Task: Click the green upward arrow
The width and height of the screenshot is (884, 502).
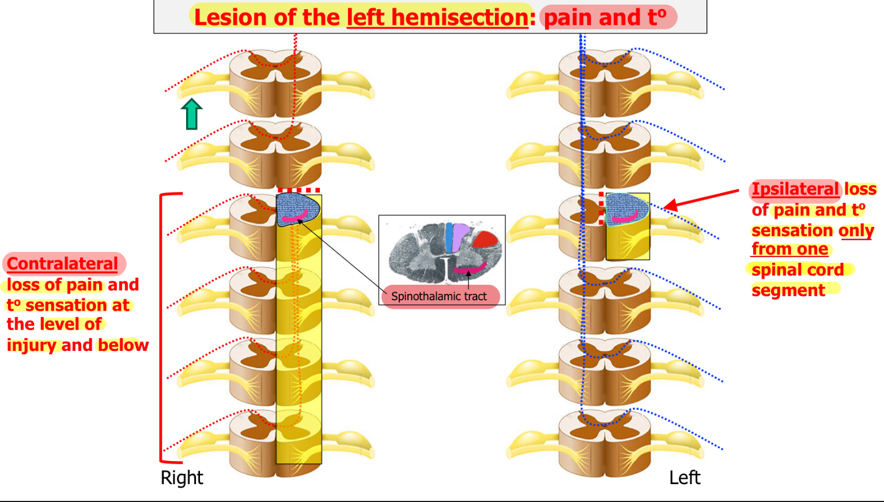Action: pos(192,114)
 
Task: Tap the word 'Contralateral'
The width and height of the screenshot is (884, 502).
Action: pos(62,263)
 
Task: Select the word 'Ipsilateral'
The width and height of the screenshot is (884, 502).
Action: pos(795,189)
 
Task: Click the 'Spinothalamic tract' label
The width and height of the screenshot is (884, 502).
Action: pos(439,296)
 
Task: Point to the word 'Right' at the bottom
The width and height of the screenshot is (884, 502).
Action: pos(182,478)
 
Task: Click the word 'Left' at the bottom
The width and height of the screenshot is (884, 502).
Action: pos(685,478)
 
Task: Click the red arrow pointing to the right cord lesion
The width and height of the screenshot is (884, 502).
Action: pos(701,199)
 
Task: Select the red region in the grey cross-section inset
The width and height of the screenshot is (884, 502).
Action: pos(485,240)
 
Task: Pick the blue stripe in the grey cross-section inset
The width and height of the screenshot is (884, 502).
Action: pos(449,237)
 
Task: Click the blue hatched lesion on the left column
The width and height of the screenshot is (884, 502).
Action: pos(298,210)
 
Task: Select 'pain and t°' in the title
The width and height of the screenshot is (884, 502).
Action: pos(606,17)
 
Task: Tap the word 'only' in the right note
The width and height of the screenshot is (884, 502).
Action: pos(856,231)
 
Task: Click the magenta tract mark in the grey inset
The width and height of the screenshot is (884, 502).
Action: pos(470,268)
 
